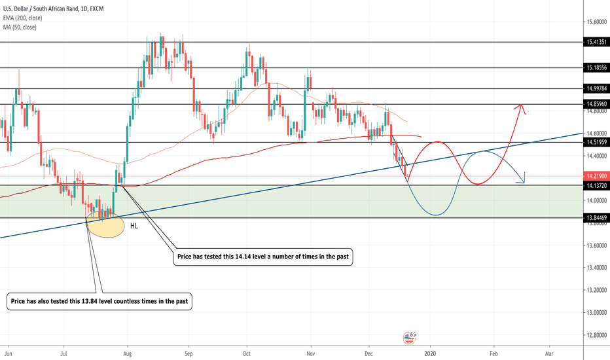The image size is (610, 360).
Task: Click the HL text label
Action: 134,226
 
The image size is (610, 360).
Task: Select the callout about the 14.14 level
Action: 264,259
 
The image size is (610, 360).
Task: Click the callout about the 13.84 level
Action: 101,302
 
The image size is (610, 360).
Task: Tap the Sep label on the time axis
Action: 188,353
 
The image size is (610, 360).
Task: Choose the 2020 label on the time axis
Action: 431,353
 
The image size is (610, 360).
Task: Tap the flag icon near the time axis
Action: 410,338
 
